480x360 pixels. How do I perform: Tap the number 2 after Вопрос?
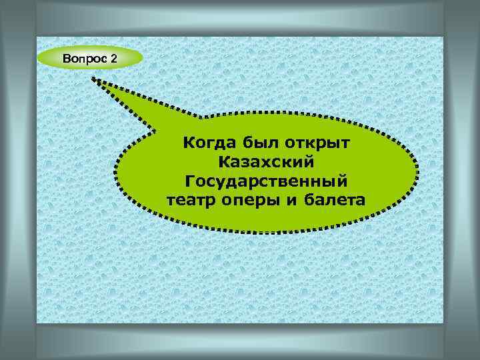click(113, 59)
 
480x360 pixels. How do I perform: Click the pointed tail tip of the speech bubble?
click(94, 79)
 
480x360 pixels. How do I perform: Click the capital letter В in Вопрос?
click(67, 59)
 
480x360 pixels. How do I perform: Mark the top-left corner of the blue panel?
click(37, 37)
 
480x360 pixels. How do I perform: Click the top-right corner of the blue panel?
click(443, 37)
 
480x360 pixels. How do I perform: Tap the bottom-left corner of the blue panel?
click(37, 323)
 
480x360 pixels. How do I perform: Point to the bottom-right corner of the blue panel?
click(443, 323)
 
